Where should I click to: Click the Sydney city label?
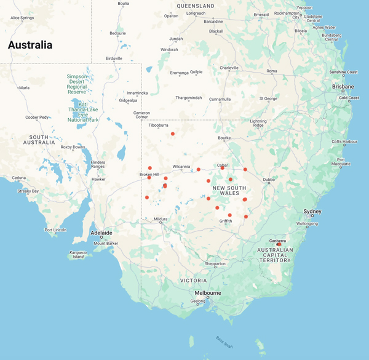312,212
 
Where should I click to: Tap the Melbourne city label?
208,293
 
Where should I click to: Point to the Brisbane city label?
343,87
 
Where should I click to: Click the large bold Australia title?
30,45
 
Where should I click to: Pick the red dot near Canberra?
279,244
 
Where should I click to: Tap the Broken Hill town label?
153,174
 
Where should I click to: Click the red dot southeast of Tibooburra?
173,134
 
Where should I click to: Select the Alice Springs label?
22,18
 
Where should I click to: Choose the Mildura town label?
161,219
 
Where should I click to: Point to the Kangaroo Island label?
77,254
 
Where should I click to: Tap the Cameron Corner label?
142,114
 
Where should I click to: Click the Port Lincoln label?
55,230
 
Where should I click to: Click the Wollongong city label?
307,224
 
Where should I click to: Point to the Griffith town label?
225,221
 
